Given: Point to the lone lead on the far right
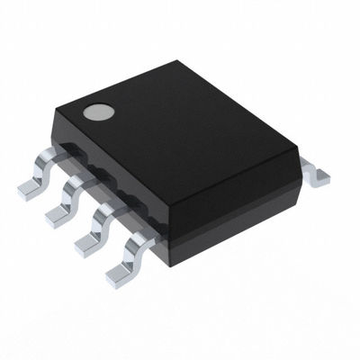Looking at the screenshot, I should click(x=317, y=173).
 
